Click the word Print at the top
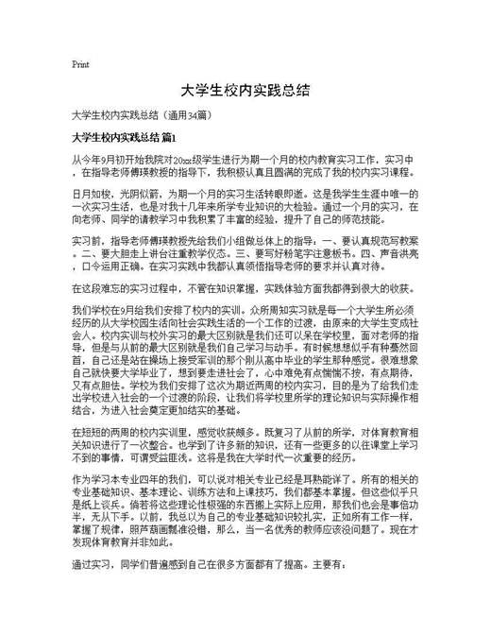(80, 65)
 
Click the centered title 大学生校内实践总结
(245, 92)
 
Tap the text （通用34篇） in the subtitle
(193, 116)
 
